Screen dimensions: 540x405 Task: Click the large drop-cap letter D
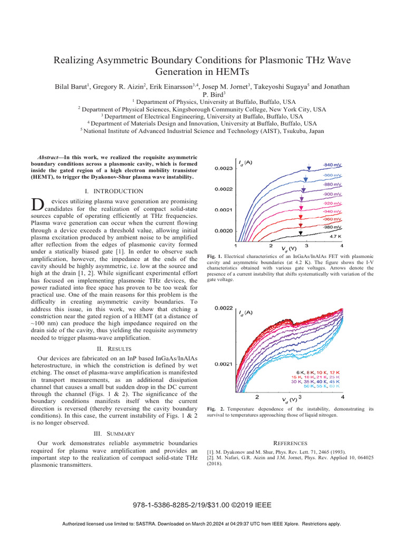pyautogui.click(x=36, y=205)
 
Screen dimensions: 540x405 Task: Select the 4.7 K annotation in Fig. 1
pyautogui.click(x=336, y=237)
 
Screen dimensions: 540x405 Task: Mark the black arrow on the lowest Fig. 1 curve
pyautogui.click(x=300, y=233)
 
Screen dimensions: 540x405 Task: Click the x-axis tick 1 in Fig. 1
pyautogui.click(x=235, y=245)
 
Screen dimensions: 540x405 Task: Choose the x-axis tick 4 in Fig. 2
pyautogui.click(x=343, y=397)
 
